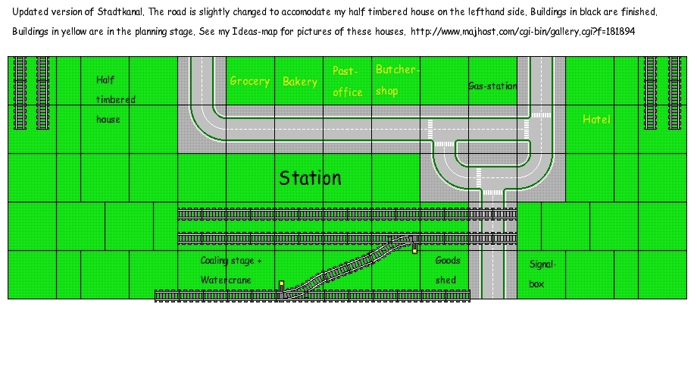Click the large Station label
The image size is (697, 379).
pos(310,178)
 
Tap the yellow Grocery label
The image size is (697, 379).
pos(250,81)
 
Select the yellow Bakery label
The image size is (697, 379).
pos(300,82)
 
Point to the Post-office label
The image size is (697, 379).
pos(348,81)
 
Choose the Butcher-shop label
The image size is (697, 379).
pos(396,80)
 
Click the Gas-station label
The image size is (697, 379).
pos(492,86)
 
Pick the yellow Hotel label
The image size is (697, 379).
pos(596,120)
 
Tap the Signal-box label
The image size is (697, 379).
pos(543,274)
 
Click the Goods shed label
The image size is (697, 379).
pos(447,270)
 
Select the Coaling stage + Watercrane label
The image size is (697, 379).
pos(231,270)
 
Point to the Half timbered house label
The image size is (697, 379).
pos(115,99)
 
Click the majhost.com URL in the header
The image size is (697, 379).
pos(524,32)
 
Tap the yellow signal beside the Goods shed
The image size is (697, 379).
pos(414,248)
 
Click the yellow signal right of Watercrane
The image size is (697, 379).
pos(281,285)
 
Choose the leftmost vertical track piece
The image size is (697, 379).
pos(20,92)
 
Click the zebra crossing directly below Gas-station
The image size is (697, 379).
pos(541,114)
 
